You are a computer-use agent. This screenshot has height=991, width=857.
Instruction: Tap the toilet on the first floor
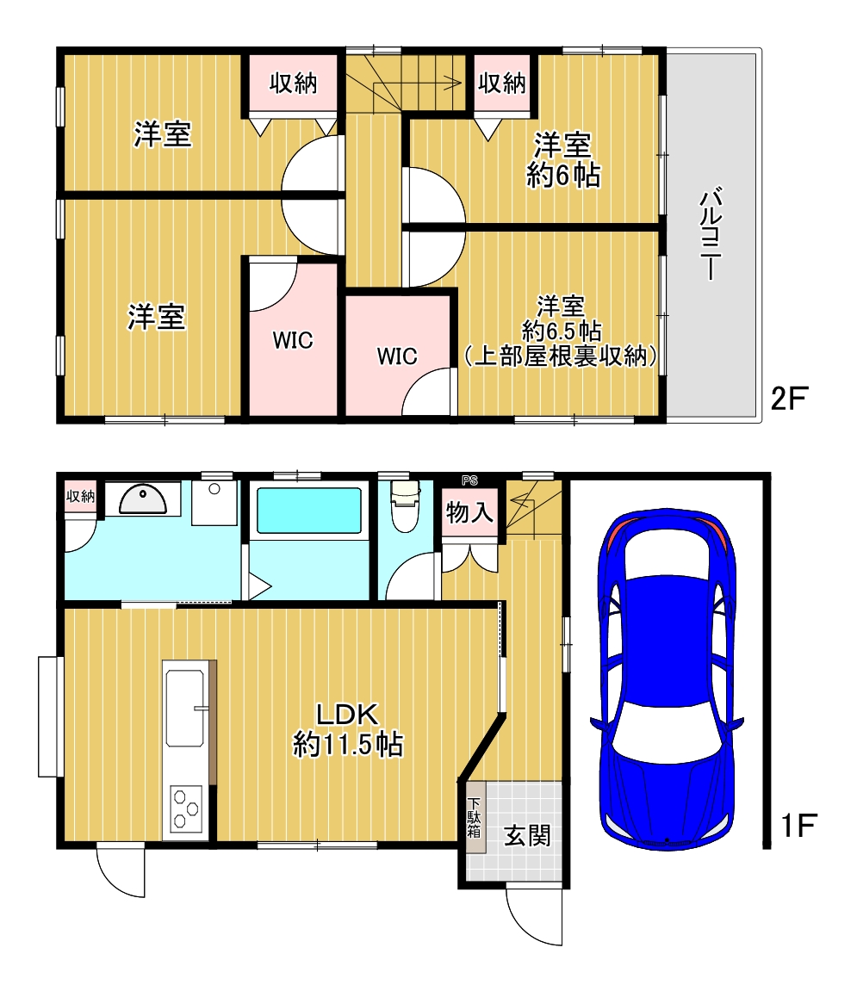tap(406, 505)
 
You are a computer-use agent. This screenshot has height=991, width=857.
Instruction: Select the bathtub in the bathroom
tap(308, 511)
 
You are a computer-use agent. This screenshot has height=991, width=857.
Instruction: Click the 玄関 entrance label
tap(527, 835)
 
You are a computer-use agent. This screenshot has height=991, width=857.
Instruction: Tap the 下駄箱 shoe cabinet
tap(475, 817)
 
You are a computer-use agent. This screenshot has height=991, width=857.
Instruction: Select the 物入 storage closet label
tap(469, 512)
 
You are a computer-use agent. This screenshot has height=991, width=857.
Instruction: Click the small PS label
tap(469, 480)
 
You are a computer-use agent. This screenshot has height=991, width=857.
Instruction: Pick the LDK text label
tap(347, 715)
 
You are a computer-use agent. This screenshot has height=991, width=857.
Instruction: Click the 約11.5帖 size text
tap(348, 745)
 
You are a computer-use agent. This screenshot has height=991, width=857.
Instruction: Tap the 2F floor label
tap(789, 399)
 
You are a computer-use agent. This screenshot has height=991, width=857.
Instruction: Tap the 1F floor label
tap(798, 826)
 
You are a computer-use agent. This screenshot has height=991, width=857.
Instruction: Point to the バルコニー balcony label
tap(711, 233)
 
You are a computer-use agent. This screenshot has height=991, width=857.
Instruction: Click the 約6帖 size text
tap(563, 175)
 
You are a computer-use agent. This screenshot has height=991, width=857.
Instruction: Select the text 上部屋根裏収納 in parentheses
tap(561, 356)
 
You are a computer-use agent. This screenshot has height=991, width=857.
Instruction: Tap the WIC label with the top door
tap(293, 340)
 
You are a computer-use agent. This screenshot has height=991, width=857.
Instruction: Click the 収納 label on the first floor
tap(81, 496)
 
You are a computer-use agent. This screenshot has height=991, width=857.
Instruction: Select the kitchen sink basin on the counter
tap(184, 708)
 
